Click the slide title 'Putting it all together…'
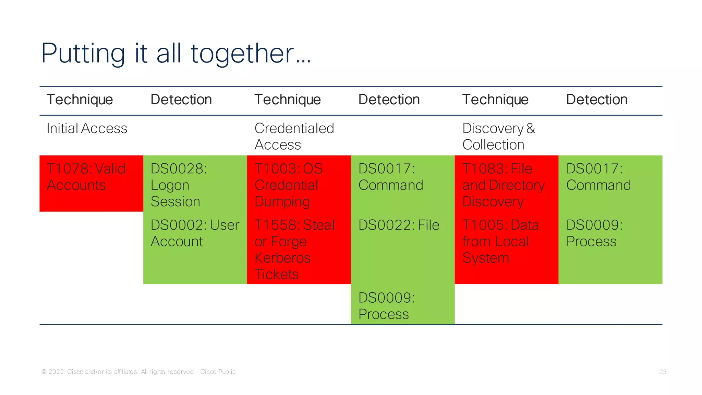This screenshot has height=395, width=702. (175, 54)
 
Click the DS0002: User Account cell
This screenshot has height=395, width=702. (195, 233)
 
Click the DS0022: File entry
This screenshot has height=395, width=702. (399, 225)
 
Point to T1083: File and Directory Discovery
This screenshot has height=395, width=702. (503, 185)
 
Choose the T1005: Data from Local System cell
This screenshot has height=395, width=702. (500, 242)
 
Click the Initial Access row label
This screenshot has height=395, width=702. (87, 129)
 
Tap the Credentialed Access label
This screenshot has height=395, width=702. (294, 137)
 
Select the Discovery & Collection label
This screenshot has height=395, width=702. (498, 137)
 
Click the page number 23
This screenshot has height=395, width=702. (663, 372)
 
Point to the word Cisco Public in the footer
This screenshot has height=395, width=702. (218, 372)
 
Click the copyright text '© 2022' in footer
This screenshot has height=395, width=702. (53, 372)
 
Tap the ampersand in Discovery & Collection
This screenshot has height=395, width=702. (531, 129)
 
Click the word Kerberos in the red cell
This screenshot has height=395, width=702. (282, 258)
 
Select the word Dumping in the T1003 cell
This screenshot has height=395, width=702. (282, 202)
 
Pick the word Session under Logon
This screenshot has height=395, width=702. (175, 202)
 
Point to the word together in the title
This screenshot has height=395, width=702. (242, 54)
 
